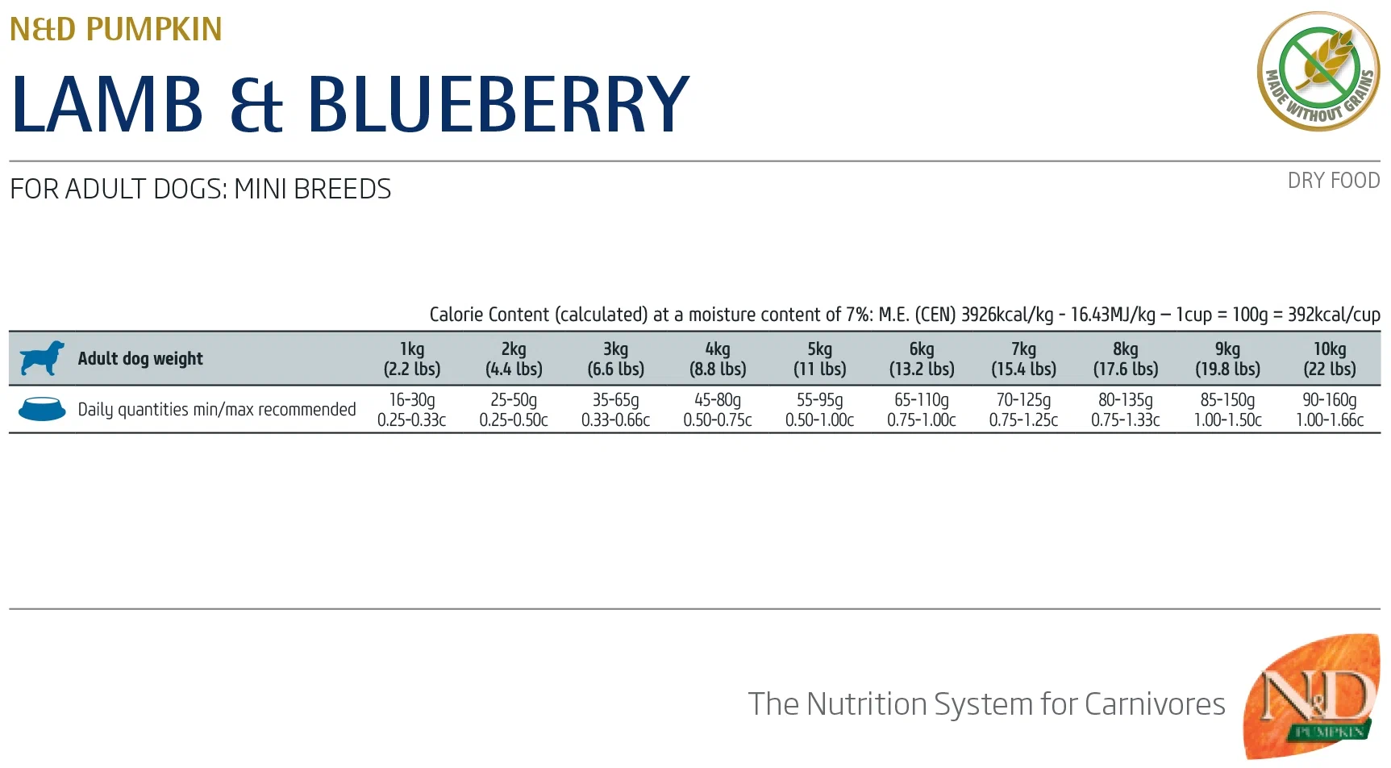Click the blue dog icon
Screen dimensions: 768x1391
[42, 358]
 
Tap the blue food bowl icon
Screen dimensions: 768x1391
[42, 409]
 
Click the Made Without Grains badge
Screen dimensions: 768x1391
[1318, 71]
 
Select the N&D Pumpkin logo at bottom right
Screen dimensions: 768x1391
[1313, 695]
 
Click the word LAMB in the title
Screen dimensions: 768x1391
[107, 104]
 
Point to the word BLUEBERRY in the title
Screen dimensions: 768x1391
[498, 104]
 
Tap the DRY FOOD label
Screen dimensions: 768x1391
[1333, 181]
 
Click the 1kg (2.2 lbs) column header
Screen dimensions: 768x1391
[412, 359]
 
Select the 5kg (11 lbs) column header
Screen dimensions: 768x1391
[819, 359]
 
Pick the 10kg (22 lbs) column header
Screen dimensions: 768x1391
[1330, 359]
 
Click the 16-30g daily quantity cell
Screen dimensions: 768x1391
[412, 410]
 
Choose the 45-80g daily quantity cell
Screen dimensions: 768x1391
[718, 410]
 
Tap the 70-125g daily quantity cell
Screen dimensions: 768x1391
[1023, 410]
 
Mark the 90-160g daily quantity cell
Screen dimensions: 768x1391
[1330, 410]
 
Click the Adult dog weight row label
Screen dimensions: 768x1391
[140, 359]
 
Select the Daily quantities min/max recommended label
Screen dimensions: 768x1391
[216, 410]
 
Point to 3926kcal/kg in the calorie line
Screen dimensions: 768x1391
[1007, 315]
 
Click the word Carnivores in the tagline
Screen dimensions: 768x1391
[1155, 704]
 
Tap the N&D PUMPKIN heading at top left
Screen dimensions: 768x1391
[115, 29]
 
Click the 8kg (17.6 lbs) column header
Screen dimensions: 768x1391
[1126, 359]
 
